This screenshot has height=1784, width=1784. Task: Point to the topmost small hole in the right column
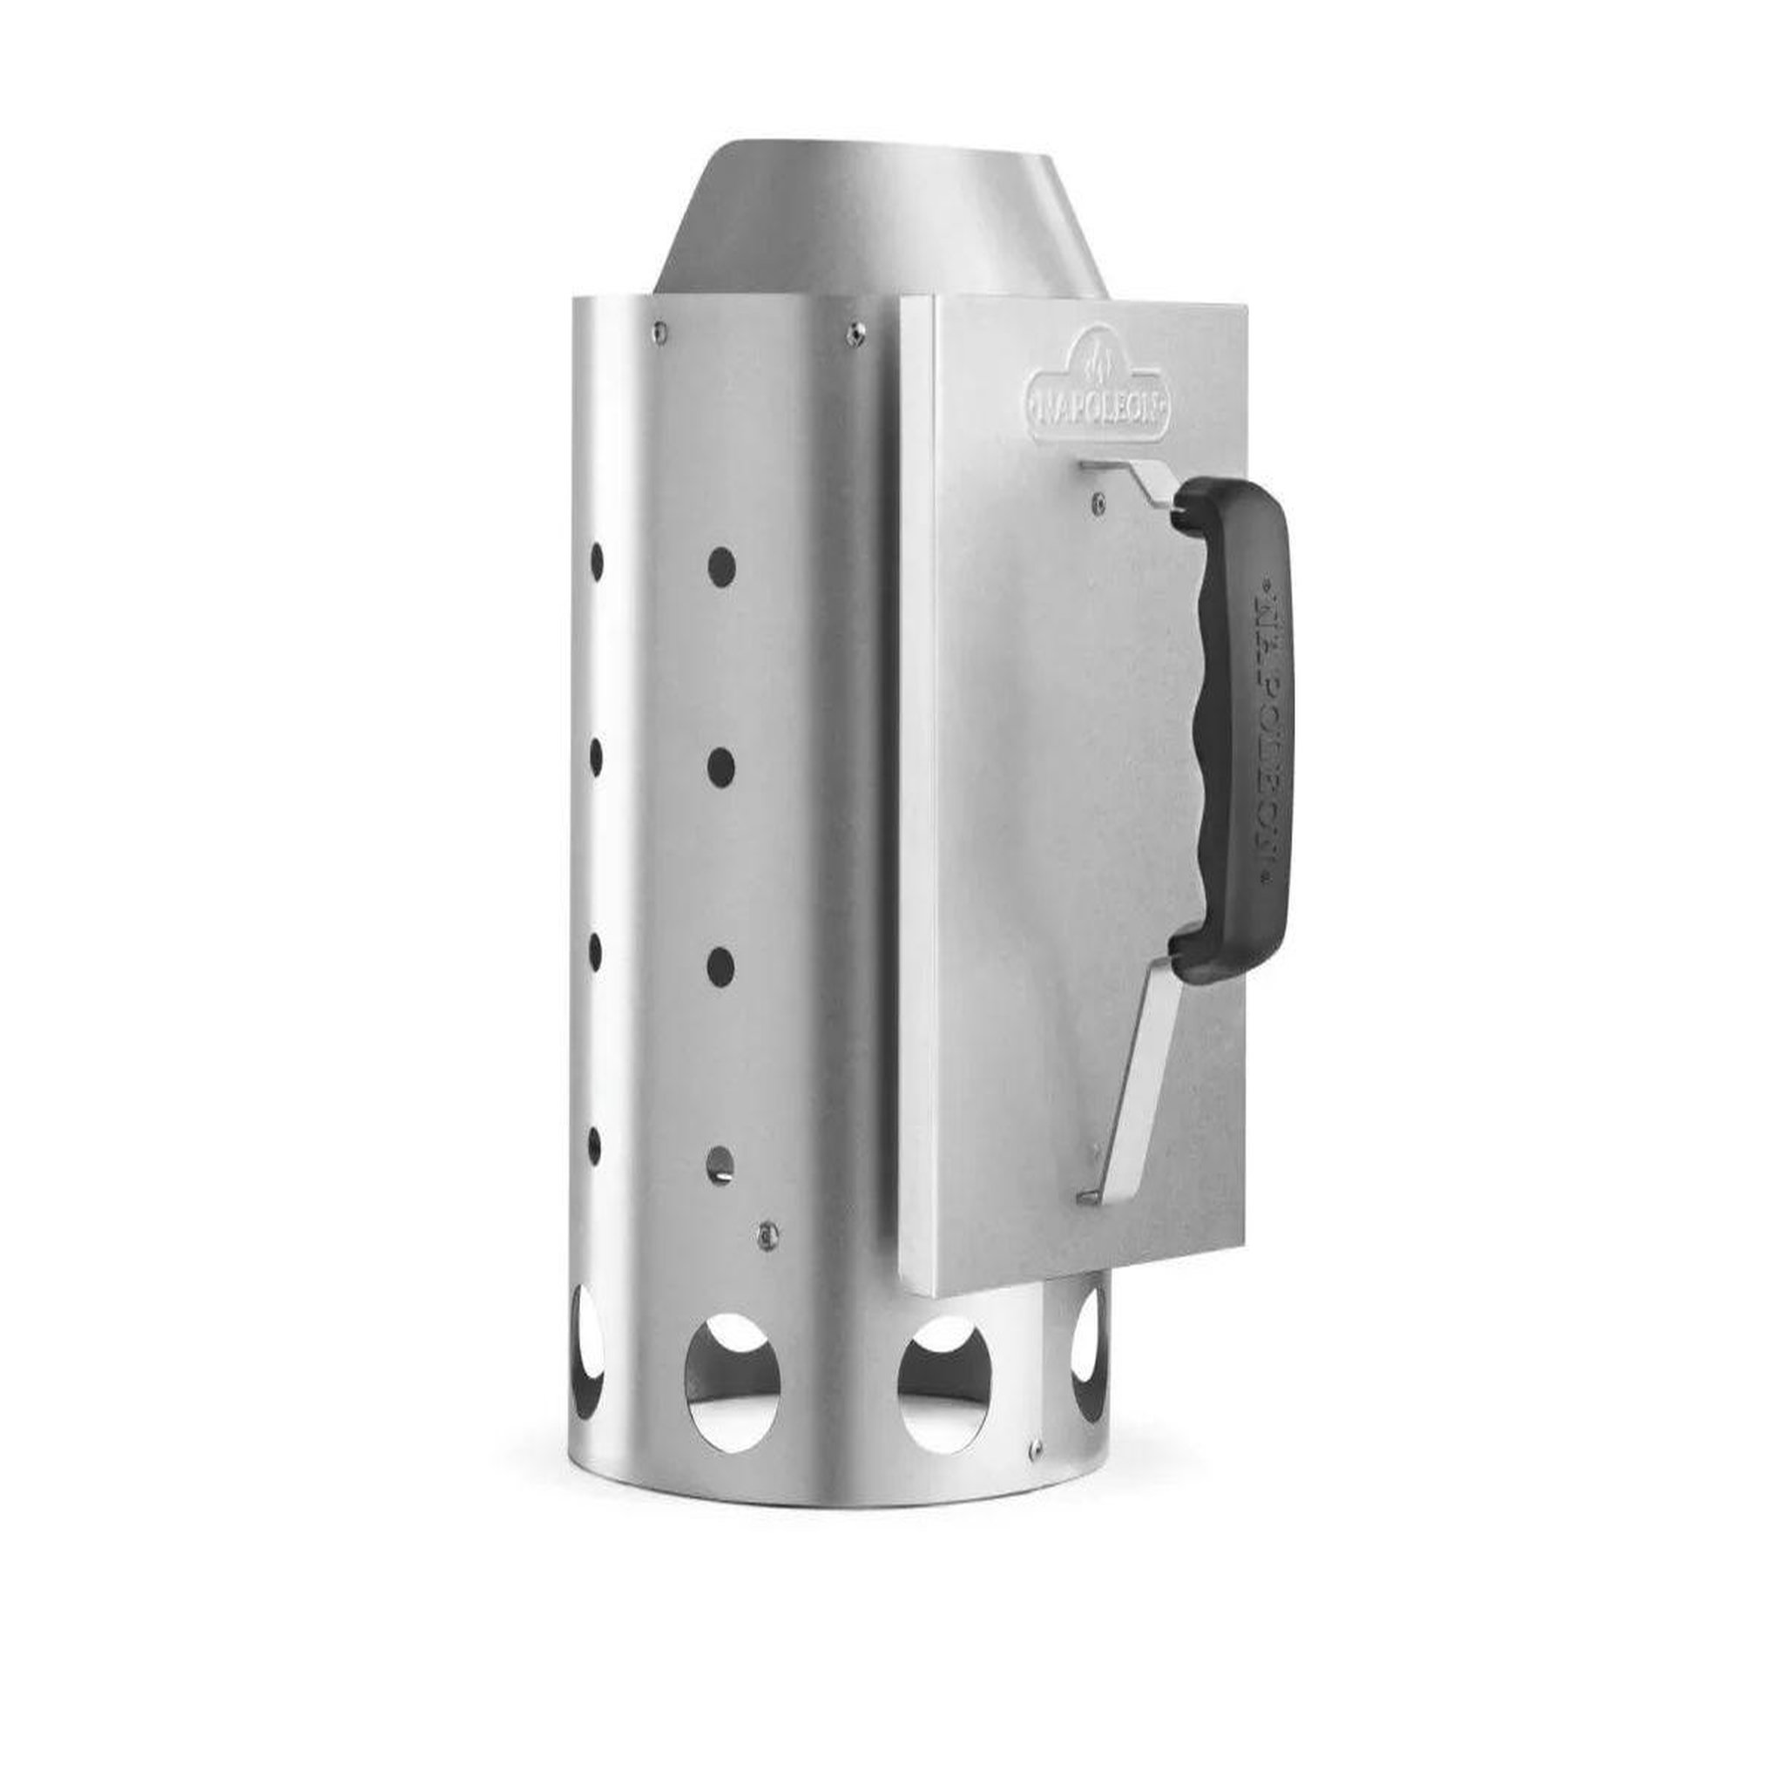[721, 566]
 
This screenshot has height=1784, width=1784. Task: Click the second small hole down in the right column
[720, 767]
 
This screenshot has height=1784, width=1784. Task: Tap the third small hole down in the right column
[720, 966]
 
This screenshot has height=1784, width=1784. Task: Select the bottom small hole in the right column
[720, 1165]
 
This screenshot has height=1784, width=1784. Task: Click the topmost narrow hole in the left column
[597, 562]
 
